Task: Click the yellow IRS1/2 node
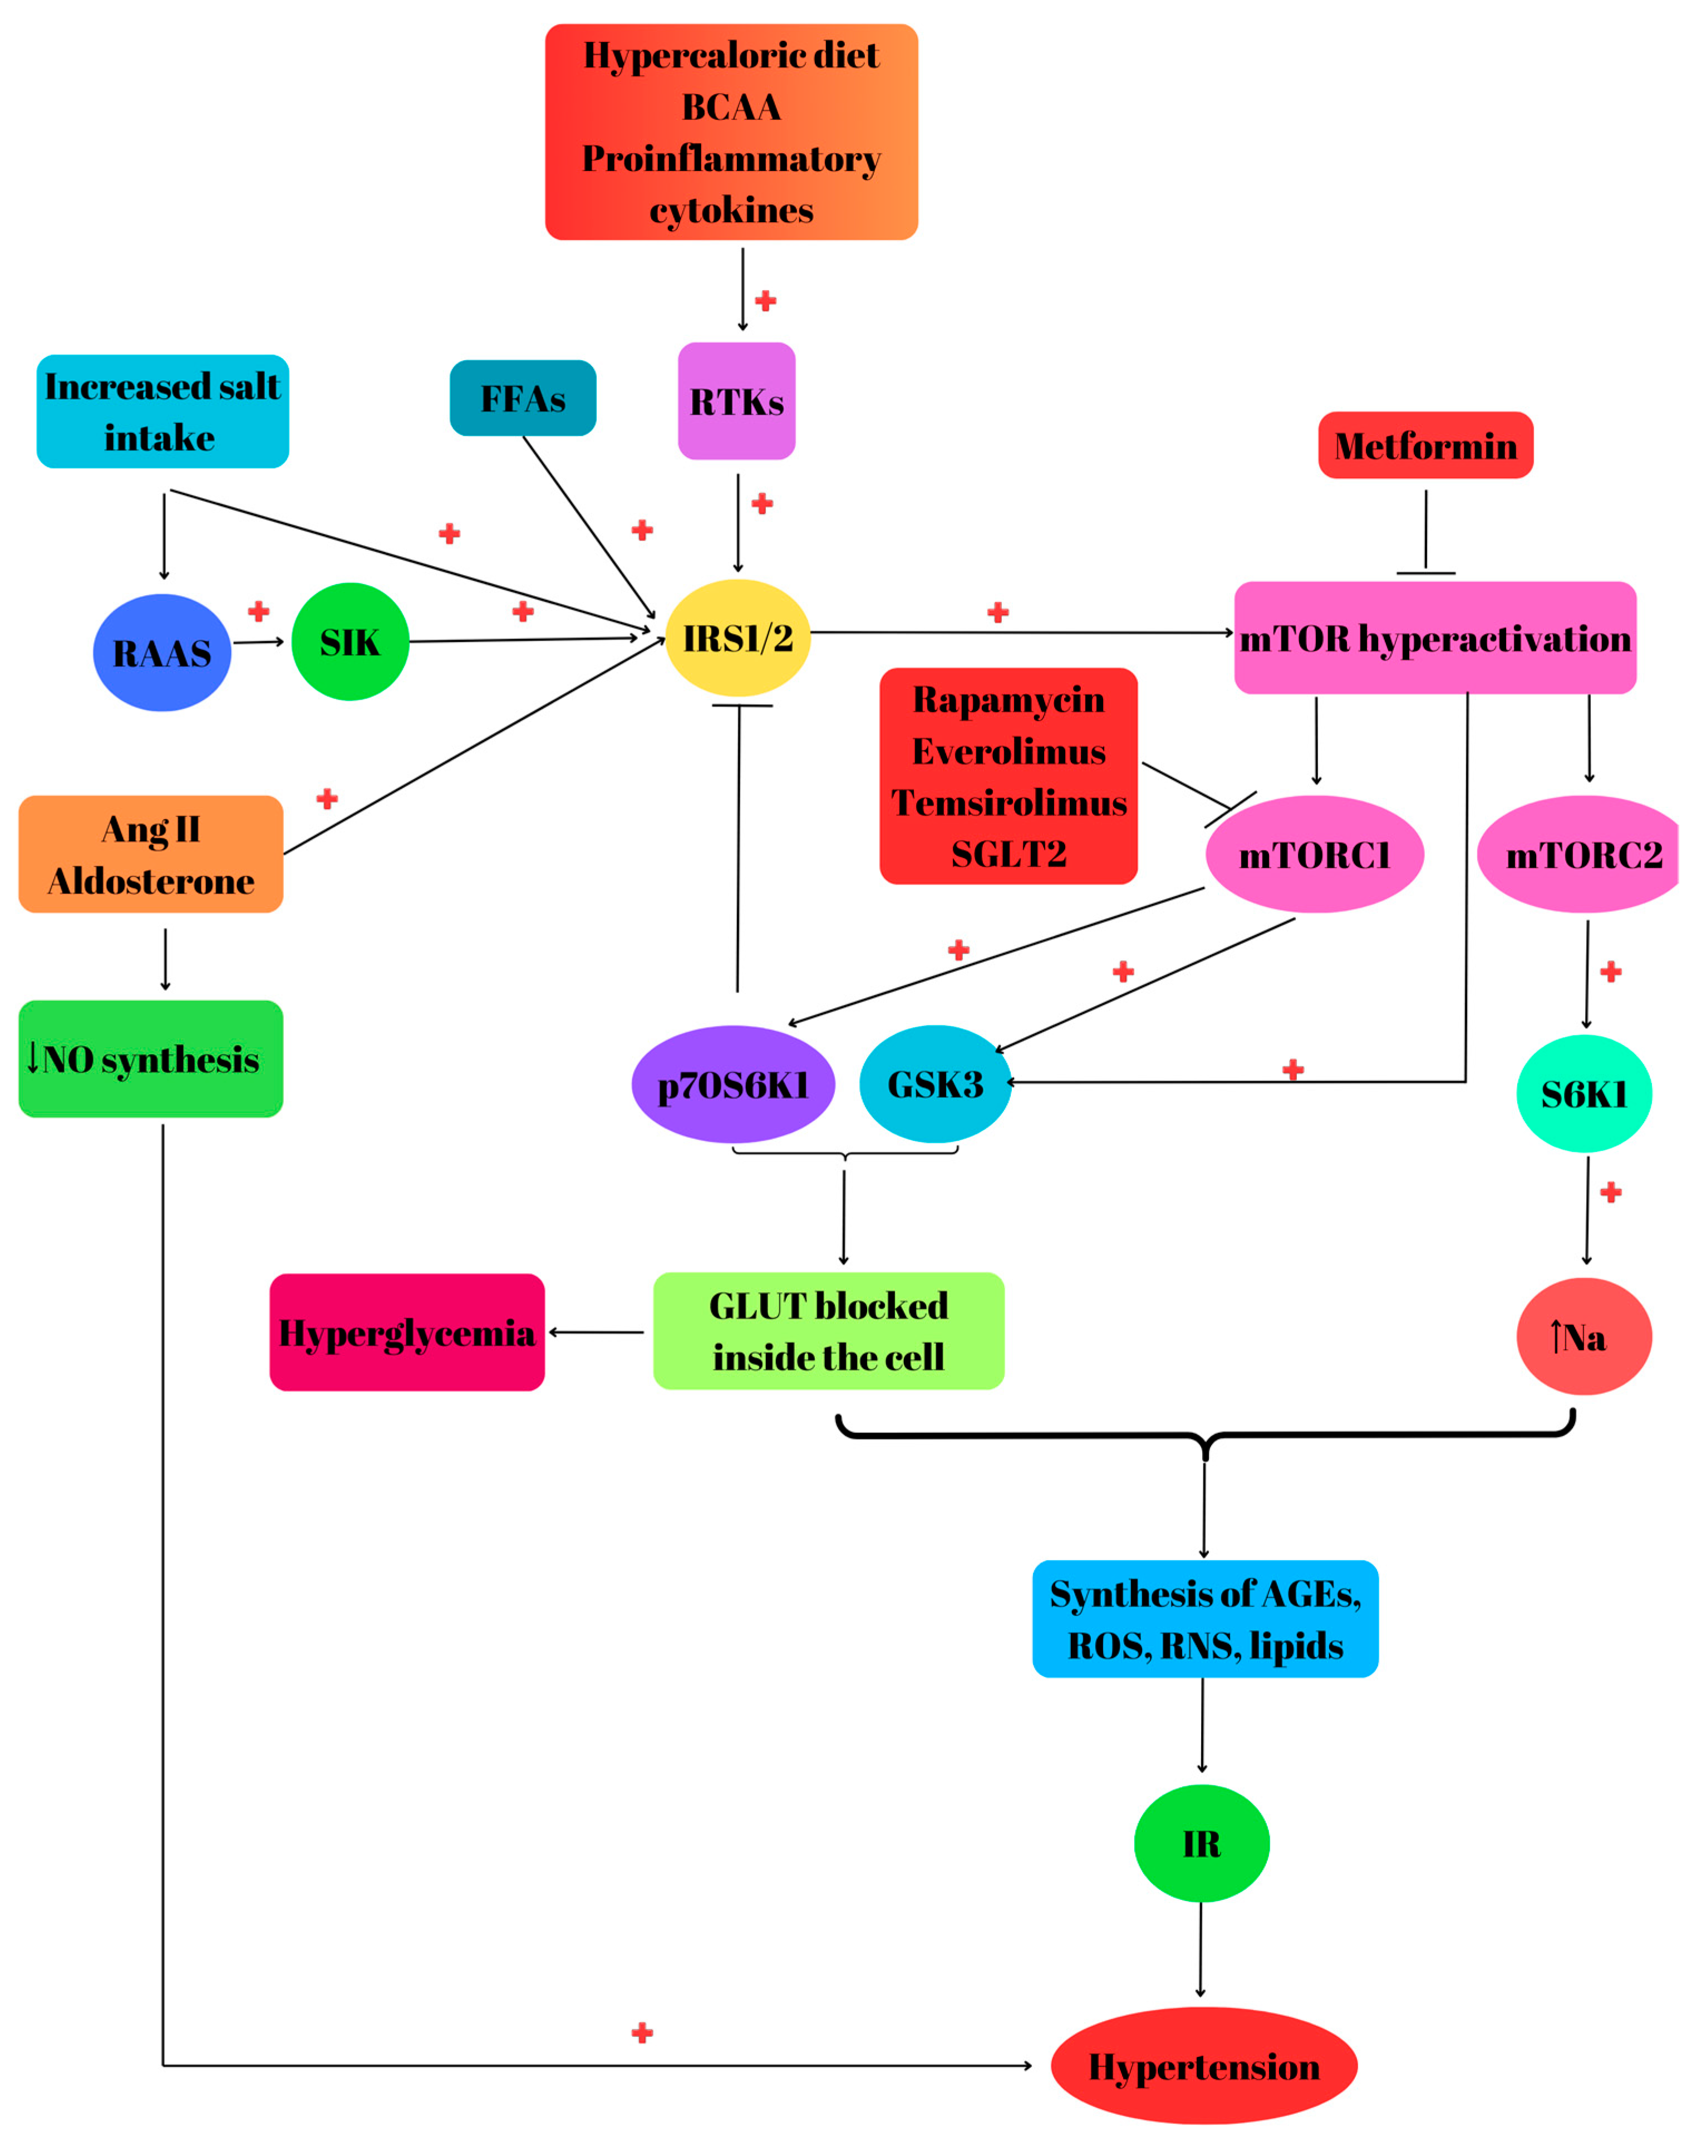737,638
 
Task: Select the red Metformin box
1425,446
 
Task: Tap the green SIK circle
350,642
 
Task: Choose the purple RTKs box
736,401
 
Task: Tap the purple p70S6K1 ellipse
733,1085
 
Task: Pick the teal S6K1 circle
1583,1094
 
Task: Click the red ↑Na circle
1583,1337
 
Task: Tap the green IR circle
1201,1844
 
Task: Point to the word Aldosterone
151,881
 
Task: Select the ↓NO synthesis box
151,1059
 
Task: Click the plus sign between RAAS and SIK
259,611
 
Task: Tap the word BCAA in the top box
731,107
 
